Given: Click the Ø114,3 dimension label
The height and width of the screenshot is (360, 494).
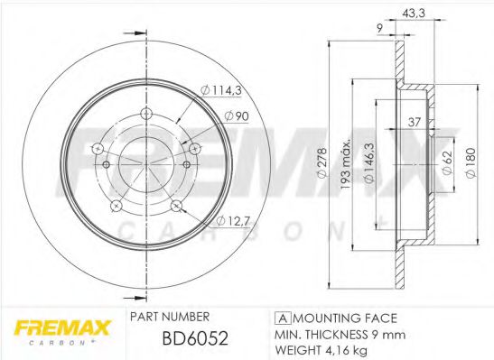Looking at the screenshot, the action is click(221, 90).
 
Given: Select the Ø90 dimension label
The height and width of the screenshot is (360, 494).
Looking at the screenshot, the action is click(237, 116).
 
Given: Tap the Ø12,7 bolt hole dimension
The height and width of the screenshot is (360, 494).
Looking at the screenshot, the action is click(233, 221).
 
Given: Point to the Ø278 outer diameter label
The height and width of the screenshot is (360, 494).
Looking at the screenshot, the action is click(322, 163).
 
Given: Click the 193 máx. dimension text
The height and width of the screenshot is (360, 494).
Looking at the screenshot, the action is click(346, 164).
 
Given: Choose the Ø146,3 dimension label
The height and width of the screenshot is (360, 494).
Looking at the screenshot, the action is click(368, 163).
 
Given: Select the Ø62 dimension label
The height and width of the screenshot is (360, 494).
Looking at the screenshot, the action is click(447, 162).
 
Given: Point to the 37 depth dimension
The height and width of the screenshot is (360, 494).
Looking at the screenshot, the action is click(414, 122).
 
